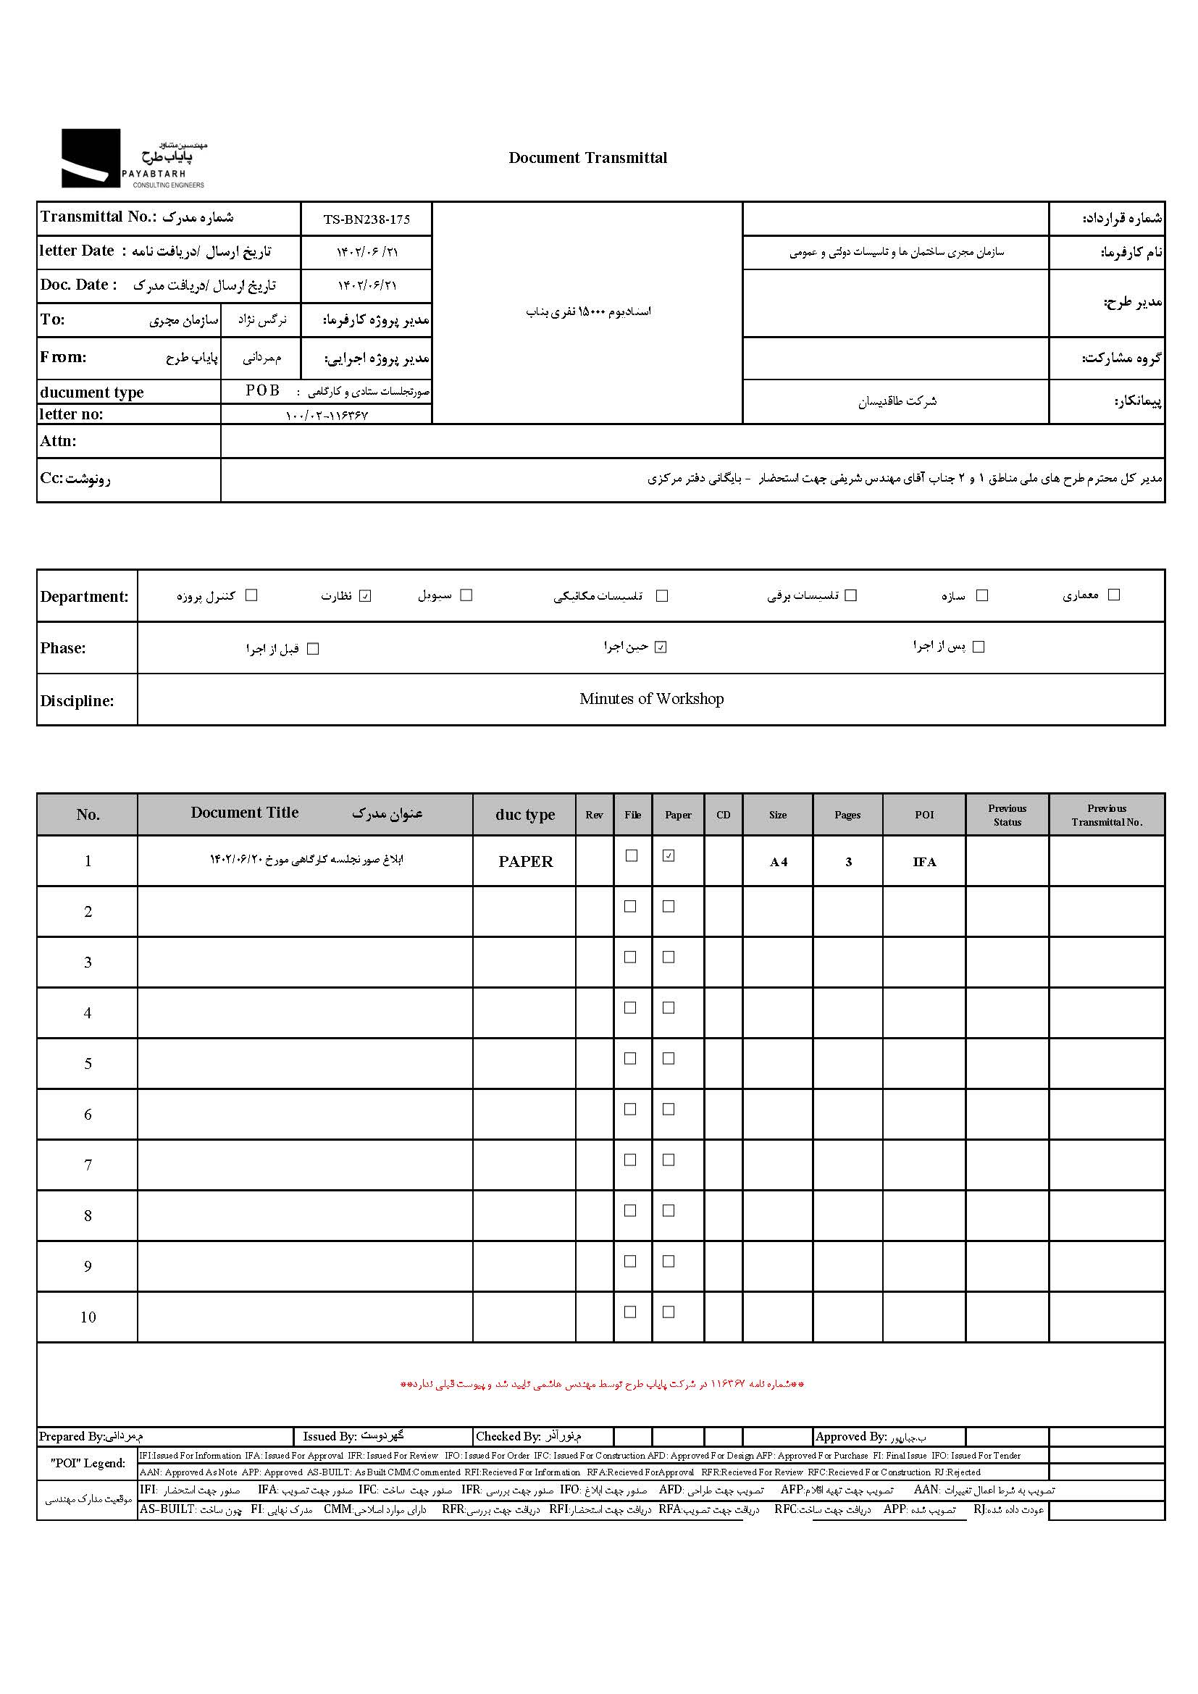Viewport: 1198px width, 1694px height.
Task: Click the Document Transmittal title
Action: [587, 158]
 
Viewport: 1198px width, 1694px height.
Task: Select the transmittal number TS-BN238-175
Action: [366, 219]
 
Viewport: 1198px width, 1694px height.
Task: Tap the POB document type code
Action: [263, 390]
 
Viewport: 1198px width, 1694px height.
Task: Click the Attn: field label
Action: [58, 441]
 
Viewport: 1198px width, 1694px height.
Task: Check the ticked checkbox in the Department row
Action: [365, 596]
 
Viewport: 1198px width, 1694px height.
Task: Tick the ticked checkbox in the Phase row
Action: [661, 647]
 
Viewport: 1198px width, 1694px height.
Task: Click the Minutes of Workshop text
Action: [650, 699]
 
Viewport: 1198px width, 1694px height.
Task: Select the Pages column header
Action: [847, 815]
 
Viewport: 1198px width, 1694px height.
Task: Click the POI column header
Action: [923, 815]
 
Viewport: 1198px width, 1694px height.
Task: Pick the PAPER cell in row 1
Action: [525, 862]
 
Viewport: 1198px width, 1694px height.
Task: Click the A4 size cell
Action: [778, 862]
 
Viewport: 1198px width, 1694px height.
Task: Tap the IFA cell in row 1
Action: [923, 862]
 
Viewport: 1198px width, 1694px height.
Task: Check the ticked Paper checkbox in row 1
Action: [669, 856]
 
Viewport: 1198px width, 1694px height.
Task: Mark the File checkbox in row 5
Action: [631, 1058]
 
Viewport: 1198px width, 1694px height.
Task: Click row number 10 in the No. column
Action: [88, 1317]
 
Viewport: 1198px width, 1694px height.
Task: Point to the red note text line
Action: [602, 1384]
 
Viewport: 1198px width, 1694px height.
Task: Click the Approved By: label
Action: [850, 1436]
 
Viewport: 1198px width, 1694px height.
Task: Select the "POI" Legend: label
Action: [88, 1463]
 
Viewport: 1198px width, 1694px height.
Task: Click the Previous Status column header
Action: [1007, 815]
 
